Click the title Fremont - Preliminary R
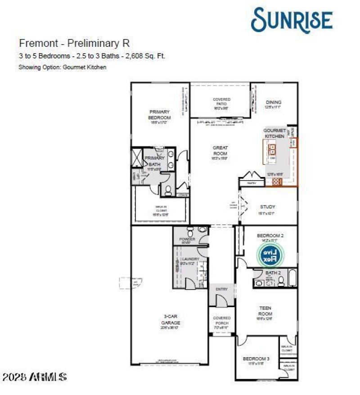coord(74,44)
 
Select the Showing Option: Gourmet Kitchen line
coord(62,67)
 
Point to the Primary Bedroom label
coord(159,114)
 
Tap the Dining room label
coord(273,102)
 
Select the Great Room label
coord(220,150)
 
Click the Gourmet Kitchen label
coord(274,133)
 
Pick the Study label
coord(267,207)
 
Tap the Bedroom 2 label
coord(270,236)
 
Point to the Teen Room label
coord(265,311)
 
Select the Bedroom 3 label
coord(256,359)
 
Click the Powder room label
coord(187,239)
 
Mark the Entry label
coord(222,289)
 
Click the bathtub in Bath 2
coord(292,278)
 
